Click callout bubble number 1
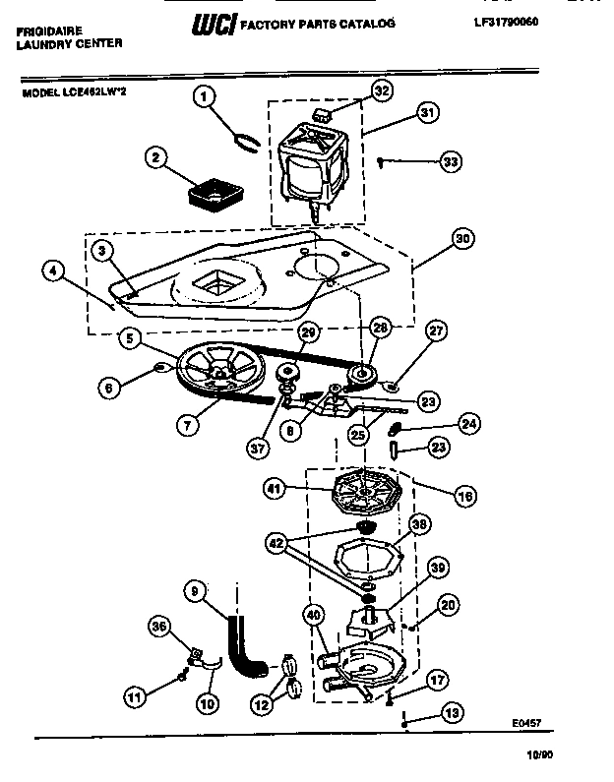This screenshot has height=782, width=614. tap(204, 96)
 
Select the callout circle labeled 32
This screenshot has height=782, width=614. tap(381, 91)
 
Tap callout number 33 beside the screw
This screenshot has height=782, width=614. tap(451, 161)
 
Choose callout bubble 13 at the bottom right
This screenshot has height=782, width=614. tap(452, 713)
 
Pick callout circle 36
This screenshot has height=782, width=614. tap(159, 626)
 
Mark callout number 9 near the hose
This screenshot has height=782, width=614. tap(196, 591)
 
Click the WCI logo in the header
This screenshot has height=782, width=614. tap(215, 22)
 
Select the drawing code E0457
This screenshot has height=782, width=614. tap(526, 722)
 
